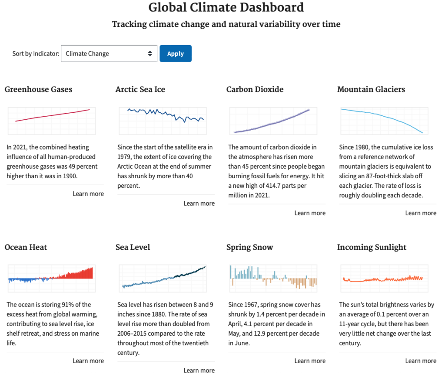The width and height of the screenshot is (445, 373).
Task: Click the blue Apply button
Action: (176, 53)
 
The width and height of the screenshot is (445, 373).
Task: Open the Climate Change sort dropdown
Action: (109, 53)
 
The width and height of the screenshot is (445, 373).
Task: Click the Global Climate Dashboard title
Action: (226, 8)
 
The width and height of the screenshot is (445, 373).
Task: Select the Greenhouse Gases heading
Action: (38, 89)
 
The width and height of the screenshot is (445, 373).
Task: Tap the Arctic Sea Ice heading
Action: (140, 89)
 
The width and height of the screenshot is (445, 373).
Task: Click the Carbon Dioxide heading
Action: (255, 89)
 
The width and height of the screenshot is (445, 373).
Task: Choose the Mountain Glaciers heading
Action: (371, 89)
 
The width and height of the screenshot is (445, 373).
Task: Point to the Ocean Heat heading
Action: (26, 247)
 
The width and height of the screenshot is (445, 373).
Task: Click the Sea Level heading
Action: (133, 247)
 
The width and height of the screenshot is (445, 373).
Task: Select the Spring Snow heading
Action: (250, 247)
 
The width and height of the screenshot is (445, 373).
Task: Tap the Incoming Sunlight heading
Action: (372, 247)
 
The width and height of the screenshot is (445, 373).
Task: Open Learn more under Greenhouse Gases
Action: (88, 194)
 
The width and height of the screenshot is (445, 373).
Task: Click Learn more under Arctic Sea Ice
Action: (199, 203)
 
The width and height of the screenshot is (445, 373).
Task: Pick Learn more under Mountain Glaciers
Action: (421, 213)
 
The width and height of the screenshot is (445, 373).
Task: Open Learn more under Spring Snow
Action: (310, 361)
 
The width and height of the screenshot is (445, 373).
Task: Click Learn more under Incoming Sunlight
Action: (421, 361)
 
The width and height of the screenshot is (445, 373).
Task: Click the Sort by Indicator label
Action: (36, 53)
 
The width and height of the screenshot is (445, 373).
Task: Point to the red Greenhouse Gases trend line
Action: (53, 115)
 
